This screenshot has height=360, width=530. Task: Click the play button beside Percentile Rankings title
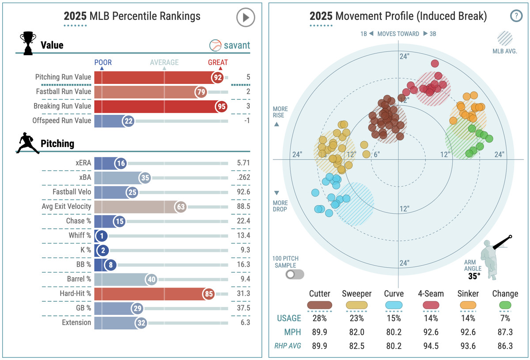tap(245, 18)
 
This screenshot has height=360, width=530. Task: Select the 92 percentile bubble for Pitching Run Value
tap(218, 77)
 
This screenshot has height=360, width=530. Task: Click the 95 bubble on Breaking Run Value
tap(222, 106)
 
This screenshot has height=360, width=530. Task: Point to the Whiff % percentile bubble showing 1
tap(101, 236)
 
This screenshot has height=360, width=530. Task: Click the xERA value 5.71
tap(242, 163)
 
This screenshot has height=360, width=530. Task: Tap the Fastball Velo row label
tap(72, 192)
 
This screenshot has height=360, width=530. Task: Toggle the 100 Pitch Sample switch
tap(295, 274)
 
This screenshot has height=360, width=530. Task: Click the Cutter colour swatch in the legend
tap(320, 305)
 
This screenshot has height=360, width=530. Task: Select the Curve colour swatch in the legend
tap(393, 305)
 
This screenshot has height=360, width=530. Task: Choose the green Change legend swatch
tap(505, 305)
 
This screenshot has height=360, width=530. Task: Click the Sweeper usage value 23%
tap(356, 318)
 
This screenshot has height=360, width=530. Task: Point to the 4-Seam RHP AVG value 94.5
tap(431, 346)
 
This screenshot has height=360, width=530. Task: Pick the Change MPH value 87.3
tap(505, 332)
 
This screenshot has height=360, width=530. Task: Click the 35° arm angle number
tap(474, 277)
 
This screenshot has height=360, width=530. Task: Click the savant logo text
tap(236, 45)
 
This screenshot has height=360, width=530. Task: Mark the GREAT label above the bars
tap(218, 62)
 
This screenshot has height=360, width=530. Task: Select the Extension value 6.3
tap(245, 322)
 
